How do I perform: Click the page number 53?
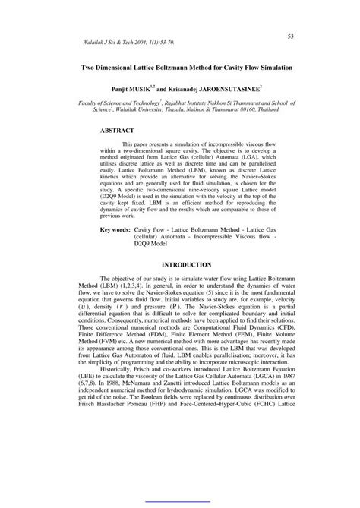(x=291, y=36)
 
